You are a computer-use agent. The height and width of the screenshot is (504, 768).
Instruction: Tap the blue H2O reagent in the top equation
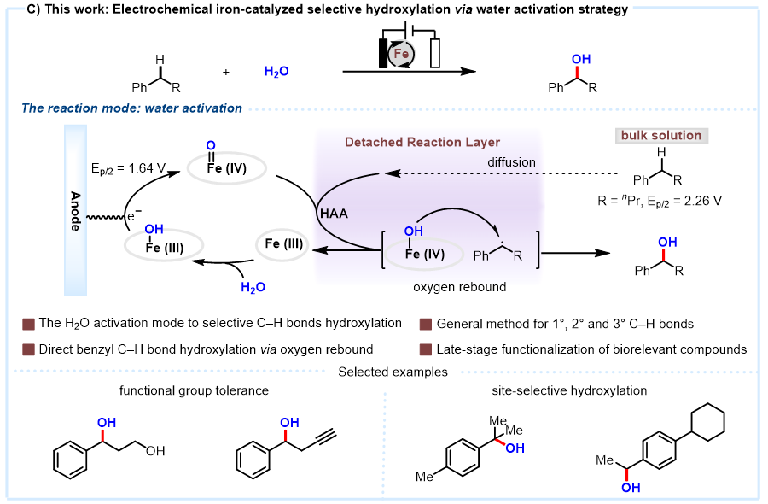click(x=276, y=72)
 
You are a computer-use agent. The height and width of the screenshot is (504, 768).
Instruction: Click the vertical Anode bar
click(x=75, y=210)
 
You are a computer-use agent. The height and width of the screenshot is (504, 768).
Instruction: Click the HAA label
click(x=334, y=214)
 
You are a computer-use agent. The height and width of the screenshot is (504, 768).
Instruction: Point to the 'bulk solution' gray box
click(x=661, y=135)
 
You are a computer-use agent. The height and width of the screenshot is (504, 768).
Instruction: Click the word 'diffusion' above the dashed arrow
click(x=511, y=162)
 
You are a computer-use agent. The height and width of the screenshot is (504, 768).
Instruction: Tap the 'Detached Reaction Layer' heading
click(x=422, y=142)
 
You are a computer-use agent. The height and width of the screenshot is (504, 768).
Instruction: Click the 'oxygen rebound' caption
click(x=459, y=287)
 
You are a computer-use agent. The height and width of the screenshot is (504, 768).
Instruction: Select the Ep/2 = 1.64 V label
click(x=128, y=169)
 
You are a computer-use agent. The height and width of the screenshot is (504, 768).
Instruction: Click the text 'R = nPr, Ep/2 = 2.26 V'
click(x=660, y=201)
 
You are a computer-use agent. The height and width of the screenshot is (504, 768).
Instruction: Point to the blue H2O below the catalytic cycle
click(x=253, y=287)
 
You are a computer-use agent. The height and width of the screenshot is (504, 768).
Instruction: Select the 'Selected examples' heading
click(x=393, y=372)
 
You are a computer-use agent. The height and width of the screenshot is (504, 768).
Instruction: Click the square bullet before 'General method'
click(x=426, y=324)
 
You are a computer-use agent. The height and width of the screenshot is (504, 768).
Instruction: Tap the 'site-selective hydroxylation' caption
click(x=569, y=390)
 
